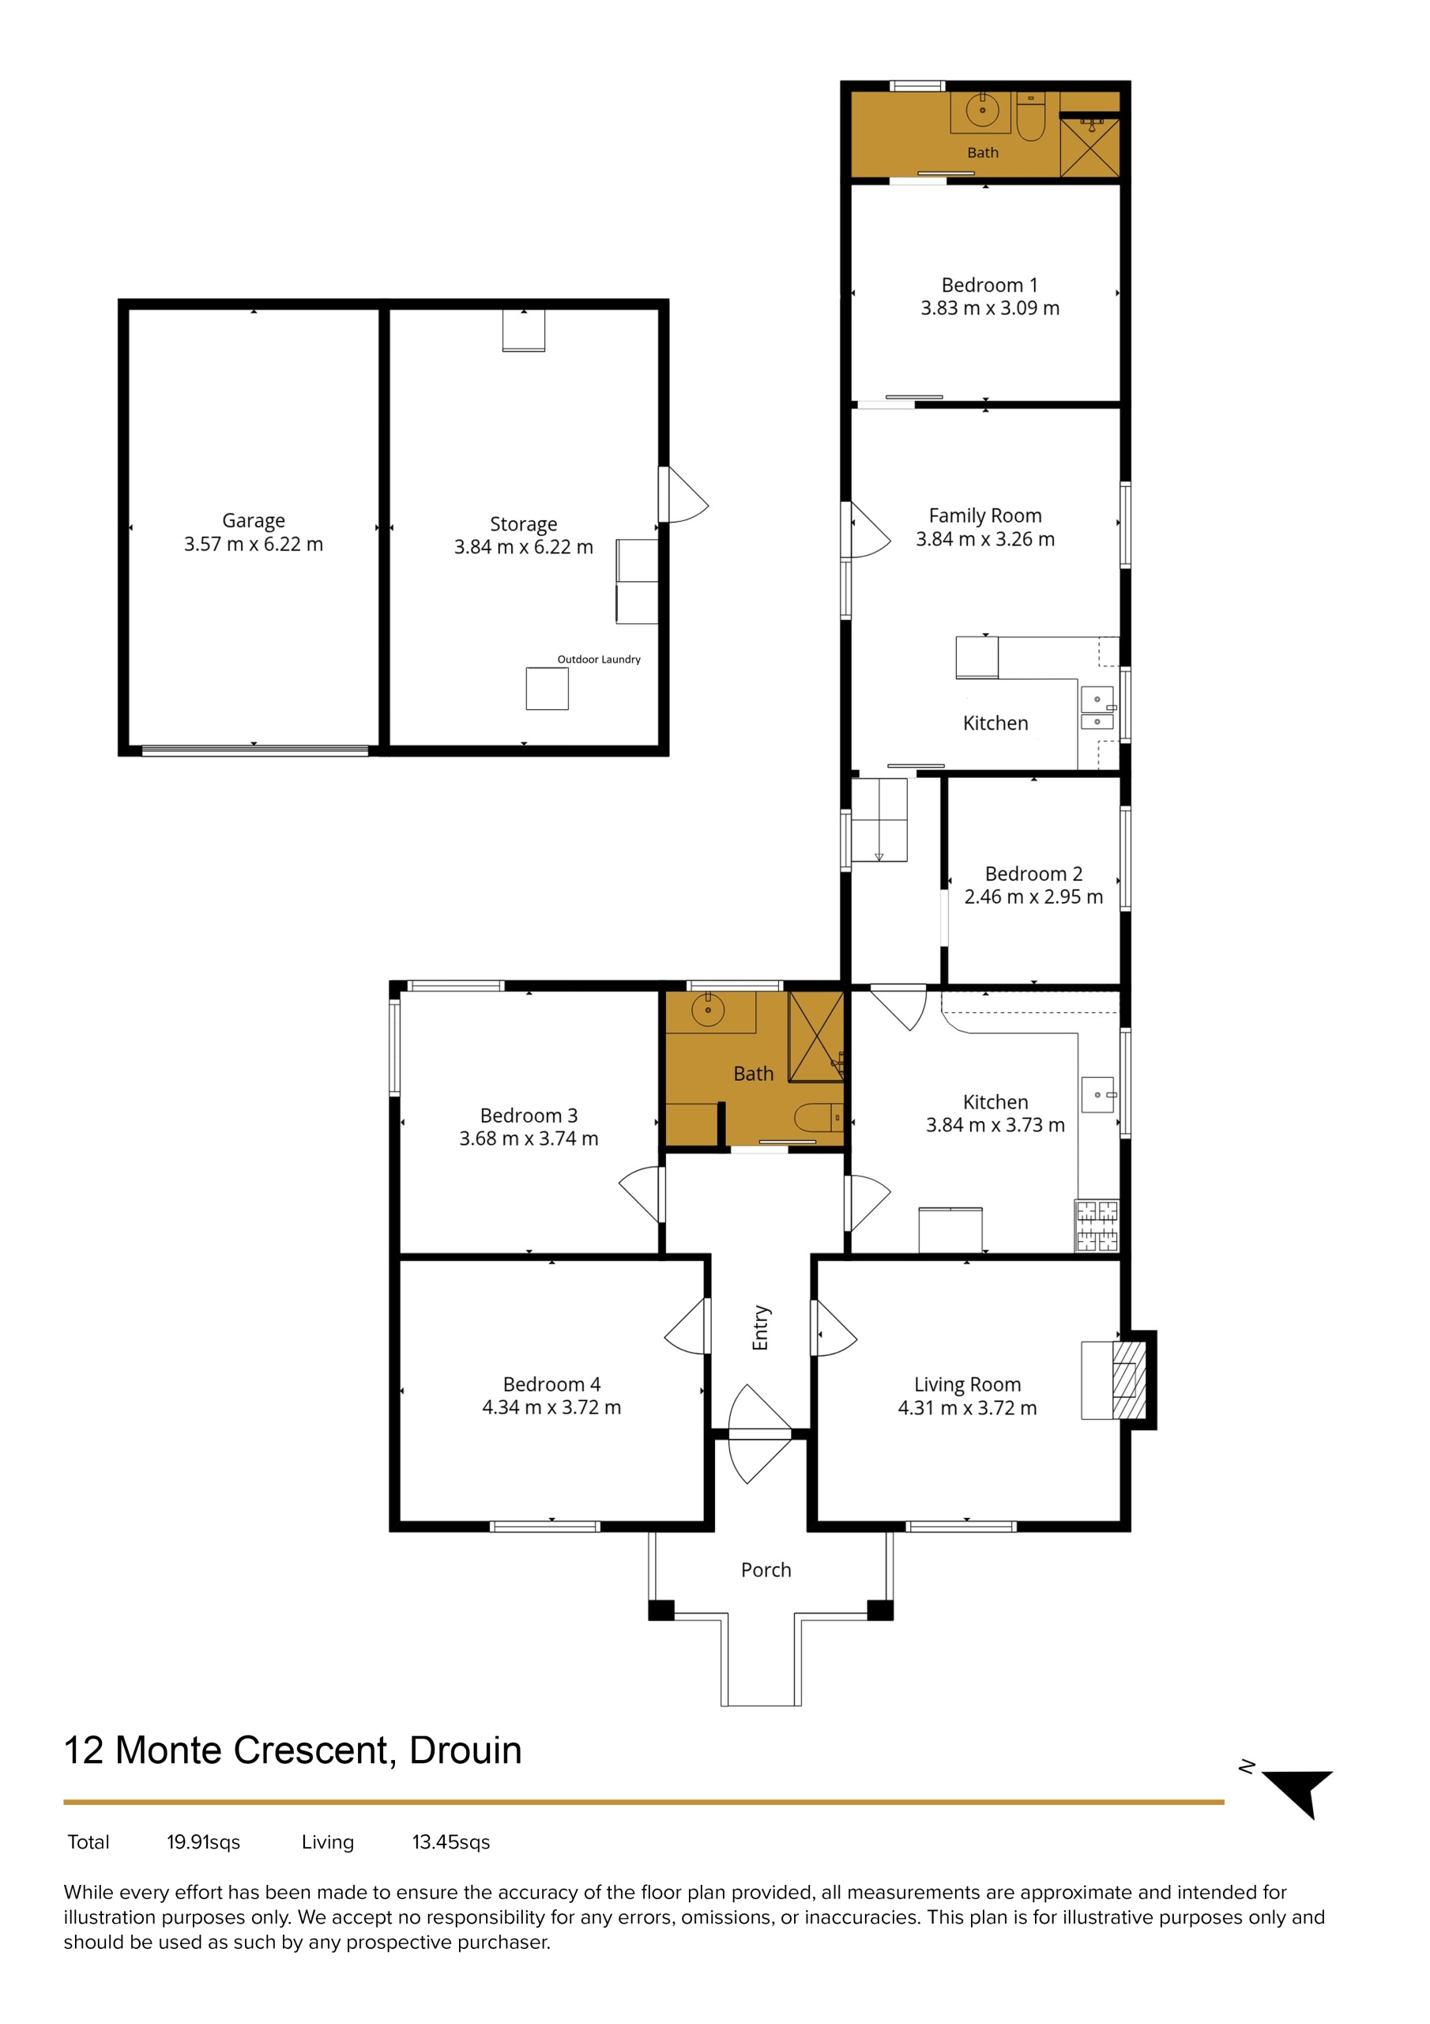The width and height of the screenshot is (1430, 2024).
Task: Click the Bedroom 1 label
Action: (x=989, y=285)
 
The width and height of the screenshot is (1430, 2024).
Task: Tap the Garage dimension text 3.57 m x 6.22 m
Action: (x=254, y=544)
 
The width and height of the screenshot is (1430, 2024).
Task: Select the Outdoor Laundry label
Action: (x=599, y=659)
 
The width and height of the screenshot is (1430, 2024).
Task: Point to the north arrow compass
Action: (x=1300, y=1792)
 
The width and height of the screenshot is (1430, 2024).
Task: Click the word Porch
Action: (x=766, y=1570)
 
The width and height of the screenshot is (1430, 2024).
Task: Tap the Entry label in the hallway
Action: (x=762, y=1327)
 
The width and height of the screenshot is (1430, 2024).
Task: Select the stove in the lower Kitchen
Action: (x=1097, y=1225)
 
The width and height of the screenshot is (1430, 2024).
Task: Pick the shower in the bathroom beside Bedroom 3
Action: (x=816, y=1037)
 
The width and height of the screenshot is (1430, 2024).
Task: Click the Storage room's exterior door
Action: (x=683, y=495)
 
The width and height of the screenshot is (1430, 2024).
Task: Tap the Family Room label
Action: (x=985, y=515)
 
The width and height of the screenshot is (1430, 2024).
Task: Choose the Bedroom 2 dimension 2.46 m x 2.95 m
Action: (x=1033, y=897)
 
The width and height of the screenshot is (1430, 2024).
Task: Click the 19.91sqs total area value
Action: (x=204, y=1841)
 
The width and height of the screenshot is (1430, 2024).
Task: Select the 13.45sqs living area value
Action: (x=451, y=1841)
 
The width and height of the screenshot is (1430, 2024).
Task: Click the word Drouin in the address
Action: (x=466, y=1750)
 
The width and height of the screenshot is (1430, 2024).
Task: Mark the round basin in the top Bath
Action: (x=982, y=110)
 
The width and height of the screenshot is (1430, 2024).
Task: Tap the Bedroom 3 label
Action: (x=529, y=1115)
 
